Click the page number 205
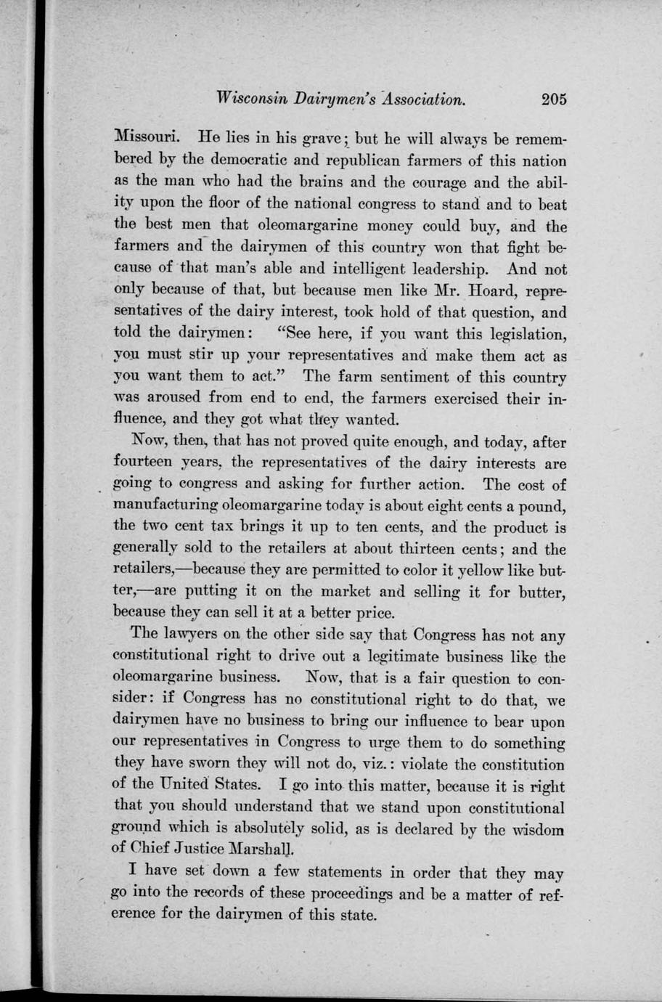point(553,99)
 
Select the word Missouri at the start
point(142,136)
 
